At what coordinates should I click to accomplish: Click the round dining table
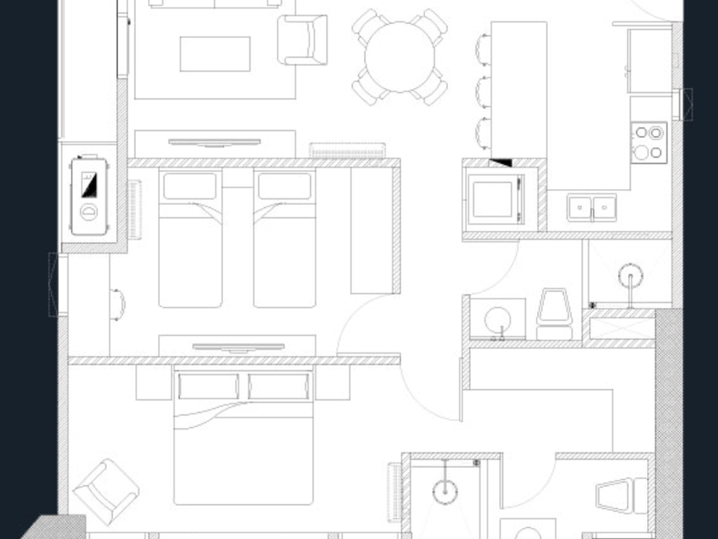click(x=401, y=58)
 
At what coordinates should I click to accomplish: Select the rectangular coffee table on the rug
click(x=215, y=55)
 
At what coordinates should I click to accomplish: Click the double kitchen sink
click(x=592, y=208)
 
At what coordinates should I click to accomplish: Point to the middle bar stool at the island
click(x=484, y=92)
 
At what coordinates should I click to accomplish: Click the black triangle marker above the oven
click(x=501, y=163)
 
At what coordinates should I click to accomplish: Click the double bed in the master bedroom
click(x=244, y=436)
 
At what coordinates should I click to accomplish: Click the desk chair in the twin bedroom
click(x=118, y=303)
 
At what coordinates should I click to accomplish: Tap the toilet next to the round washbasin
click(x=553, y=314)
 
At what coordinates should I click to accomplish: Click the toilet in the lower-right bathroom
click(x=621, y=495)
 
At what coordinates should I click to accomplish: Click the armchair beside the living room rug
click(x=304, y=39)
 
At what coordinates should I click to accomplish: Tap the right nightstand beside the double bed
click(x=333, y=384)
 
